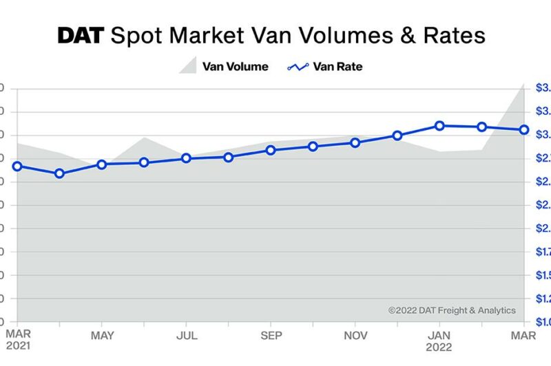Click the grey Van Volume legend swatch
[188, 66]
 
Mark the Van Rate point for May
[102, 164]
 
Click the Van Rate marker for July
[186, 158]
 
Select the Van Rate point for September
[271, 150]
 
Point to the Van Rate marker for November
[355, 142]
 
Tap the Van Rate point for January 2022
[439, 125]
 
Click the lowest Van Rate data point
[59, 173]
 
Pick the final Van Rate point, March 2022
[523, 129]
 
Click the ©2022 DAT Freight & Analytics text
[451, 310]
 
